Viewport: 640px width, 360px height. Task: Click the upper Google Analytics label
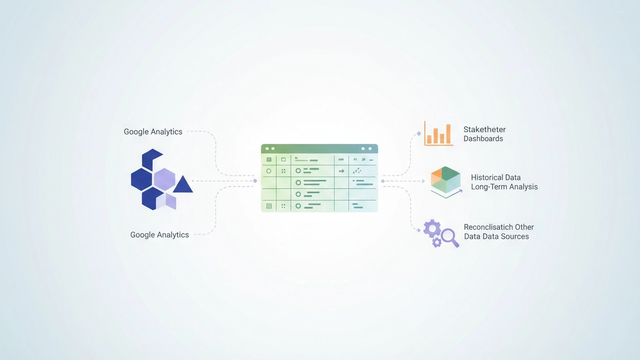[x=153, y=131]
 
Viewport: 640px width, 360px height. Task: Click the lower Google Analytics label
[x=159, y=234]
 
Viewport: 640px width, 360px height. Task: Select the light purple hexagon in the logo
[x=164, y=180]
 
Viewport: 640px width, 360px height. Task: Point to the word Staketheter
[x=485, y=129]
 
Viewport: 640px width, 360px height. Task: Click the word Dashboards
[x=483, y=139]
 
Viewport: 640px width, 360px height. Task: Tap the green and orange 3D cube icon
[x=443, y=181]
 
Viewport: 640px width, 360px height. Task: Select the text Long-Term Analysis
[x=505, y=187]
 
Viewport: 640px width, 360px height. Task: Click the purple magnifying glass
[x=448, y=237]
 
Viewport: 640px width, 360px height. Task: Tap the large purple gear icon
[x=433, y=229]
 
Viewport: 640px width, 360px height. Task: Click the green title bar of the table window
[x=320, y=148]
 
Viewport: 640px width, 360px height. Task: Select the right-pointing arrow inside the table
[x=341, y=171]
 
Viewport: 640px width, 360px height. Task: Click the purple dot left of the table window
[x=255, y=181]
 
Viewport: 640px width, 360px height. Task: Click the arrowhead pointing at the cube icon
[x=419, y=181]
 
